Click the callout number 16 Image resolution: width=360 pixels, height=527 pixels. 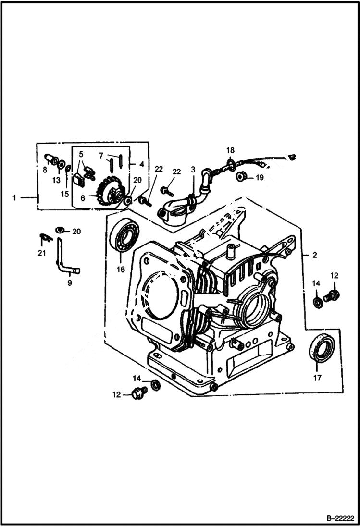click(120, 270)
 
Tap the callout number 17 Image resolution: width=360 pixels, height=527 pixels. click(317, 378)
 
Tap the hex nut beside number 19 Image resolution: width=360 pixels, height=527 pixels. click(243, 176)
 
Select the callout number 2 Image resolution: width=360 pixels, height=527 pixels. click(314, 255)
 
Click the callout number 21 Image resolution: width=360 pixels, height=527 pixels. click(42, 253)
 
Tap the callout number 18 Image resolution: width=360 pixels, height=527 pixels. click(230, 150)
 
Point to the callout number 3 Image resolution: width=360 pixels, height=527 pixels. click(193, 169)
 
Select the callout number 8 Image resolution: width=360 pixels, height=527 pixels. click(44, 169)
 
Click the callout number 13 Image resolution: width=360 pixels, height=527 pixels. click(57, 180)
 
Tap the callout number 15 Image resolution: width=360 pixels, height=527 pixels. click(65, 194)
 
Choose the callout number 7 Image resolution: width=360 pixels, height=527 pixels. click(101, 156)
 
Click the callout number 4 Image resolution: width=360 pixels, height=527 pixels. click(141, 164)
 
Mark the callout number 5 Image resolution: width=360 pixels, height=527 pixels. click(81, 154)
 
